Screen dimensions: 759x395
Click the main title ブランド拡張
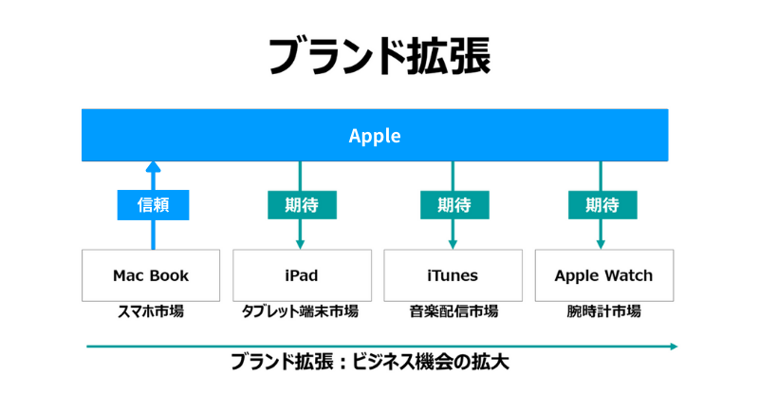[379, 56]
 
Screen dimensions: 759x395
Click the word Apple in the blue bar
[375, 136]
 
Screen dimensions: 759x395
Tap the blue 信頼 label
[153, 205]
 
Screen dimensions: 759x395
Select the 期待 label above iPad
[302, 205]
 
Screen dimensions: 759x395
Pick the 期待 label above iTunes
[454, 205]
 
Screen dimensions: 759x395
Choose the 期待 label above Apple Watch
[602, 205]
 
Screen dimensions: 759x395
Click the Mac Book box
[151, 275]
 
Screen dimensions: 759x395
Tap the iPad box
[302, 275]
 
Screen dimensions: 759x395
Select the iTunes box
[454, 275]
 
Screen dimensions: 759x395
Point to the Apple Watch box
[604, 275]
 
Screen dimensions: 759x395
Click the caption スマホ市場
[151, 311]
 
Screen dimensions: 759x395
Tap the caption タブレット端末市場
[300, 311]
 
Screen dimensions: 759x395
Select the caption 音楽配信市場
[454, 311]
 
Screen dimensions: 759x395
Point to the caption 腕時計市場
[604, 311]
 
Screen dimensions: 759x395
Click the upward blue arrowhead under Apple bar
[153, 167]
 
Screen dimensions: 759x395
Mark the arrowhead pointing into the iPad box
[300, 244]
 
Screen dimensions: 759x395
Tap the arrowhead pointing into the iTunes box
[453, 244]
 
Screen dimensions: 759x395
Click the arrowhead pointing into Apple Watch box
[601, 244]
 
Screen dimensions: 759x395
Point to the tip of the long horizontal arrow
[677, 346]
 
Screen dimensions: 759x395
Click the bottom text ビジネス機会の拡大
[431, 363]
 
